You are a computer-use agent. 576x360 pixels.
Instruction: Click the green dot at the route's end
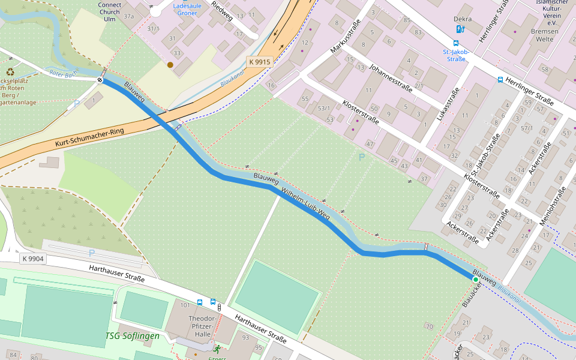pyautogui.click(x=476, y=280)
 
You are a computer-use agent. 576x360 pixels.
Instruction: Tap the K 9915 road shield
pyautogui.click(x=260, y=62)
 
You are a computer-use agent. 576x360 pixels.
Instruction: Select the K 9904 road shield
pyautogui.click(x=32, y=259)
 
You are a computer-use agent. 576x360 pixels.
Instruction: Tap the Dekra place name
pyautogui.click(x=463, y=19)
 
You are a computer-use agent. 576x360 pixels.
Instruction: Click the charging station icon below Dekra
pyautogui.click(x=460, y=29)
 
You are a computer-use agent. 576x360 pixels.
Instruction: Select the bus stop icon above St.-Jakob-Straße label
pyautogui.click(x=456, y=43)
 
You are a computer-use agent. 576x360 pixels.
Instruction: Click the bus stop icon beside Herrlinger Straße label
pyautogui.click(x=500, y=79)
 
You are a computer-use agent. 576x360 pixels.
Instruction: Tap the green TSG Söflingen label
pyautogui.click(x=133, y=336)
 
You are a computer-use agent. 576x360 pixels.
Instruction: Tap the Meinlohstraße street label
pyautogui.click(x=553, y=207)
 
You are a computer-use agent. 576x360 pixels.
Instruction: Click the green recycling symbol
pyautogui.click(x=10, y=71)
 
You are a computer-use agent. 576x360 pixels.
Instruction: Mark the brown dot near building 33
pyautogui.click(x=170, y=65)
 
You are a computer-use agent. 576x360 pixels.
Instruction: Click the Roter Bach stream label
pyautogui.click(x=64, y=74)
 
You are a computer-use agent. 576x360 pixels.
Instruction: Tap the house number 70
pyautogui.click(x=428, y=326)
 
